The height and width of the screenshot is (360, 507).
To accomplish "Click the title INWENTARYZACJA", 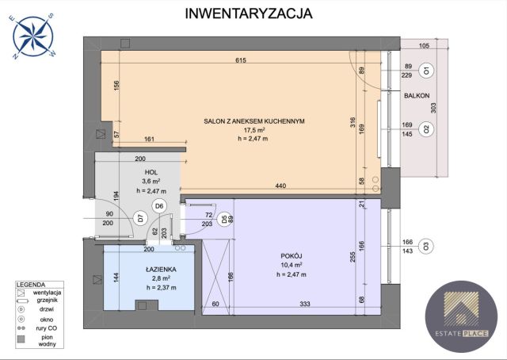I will coord(248,13).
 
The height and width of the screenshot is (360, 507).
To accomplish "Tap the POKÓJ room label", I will coord(291,255).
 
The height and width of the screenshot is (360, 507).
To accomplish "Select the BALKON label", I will coord(416,95).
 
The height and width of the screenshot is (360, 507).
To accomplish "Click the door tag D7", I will coord(139,218).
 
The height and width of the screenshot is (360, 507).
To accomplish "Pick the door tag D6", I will coord(158,206).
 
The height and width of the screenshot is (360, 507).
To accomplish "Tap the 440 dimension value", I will coord(280,186).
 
